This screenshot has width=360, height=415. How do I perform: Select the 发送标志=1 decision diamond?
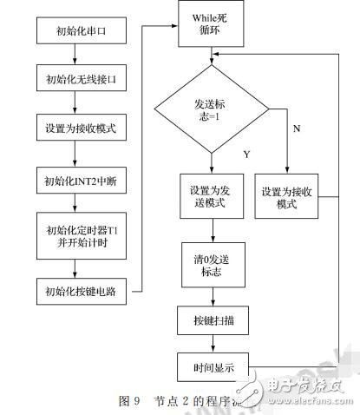(211, 109)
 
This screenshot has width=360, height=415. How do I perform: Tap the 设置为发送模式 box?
(210, 197)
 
